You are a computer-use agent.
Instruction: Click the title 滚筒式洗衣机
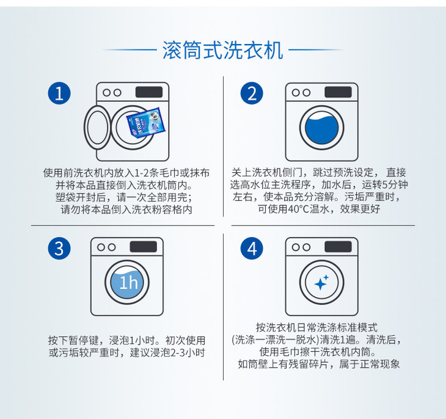click(223, 50)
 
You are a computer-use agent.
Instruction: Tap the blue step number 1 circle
click(59, 93)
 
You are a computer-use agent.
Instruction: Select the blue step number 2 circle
click(252, 93)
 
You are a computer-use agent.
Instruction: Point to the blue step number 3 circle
click(59, 249)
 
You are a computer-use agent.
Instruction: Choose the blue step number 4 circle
click(252, 249)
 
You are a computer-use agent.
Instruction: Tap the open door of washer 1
click(98, 127)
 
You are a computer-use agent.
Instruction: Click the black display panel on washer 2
click(338, 92)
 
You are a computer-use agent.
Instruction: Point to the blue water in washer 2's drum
click(322, 128)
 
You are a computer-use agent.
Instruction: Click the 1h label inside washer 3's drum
click(128, 283)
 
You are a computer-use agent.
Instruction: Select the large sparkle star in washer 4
click(320, 284)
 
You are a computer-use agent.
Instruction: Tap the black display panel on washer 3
click(144, 247)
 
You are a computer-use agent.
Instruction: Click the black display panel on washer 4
click(338, 247)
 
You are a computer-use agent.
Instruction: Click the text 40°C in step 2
click(298, 209)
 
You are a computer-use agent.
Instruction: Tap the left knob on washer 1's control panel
click(107, 92)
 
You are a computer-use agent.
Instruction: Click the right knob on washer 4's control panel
click(307, 247)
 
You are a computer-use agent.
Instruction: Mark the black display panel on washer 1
click(149, 92)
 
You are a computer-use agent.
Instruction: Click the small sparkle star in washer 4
click(326, 277)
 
